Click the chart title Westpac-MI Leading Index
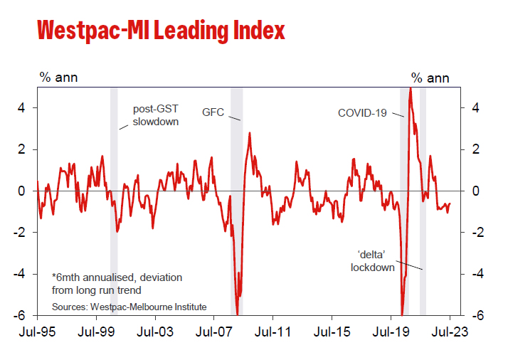pos(161,31)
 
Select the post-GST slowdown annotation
pos(156,116)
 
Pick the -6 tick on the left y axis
pos(21,315)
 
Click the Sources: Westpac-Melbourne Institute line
pos(129,307)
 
